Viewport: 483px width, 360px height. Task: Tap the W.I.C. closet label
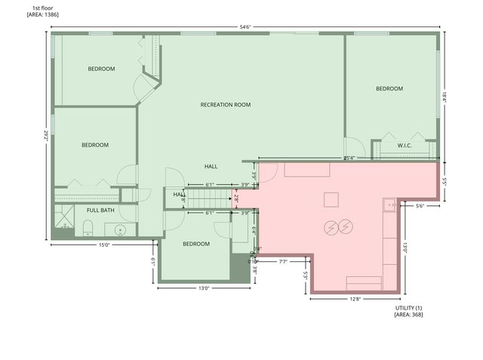click(404, 145)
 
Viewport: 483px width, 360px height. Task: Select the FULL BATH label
click(100, 210)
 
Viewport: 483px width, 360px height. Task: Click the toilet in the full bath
click(88, 228)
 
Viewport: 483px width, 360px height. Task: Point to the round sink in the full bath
click(119, 229)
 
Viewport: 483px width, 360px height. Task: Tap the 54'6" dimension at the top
click(245, 26)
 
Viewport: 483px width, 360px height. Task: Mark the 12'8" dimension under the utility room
click(354, 299)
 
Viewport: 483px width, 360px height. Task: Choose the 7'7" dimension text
click(283, 262)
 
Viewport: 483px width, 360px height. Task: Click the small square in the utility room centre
click(331, 199)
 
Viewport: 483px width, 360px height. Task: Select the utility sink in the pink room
click(389, 204)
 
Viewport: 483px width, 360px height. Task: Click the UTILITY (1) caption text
click(409, 308)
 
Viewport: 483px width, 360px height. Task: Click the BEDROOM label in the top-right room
click(389, 88)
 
